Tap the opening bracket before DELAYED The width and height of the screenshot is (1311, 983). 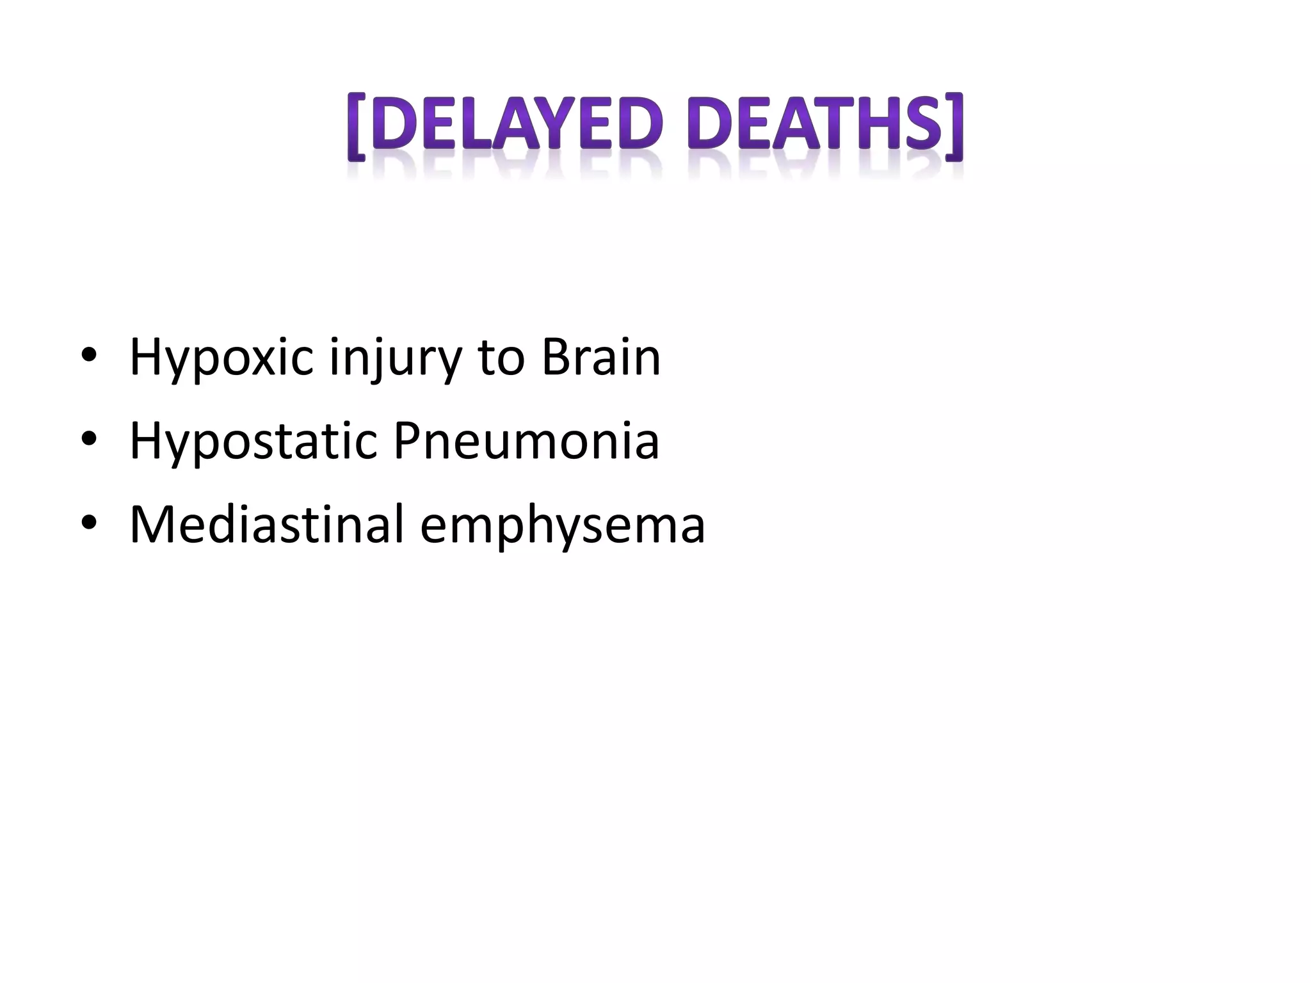pos(357,127)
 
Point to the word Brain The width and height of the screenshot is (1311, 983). pos(600,357)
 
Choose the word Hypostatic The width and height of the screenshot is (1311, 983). pos(253,442)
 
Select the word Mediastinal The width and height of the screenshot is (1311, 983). pos(266,525)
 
